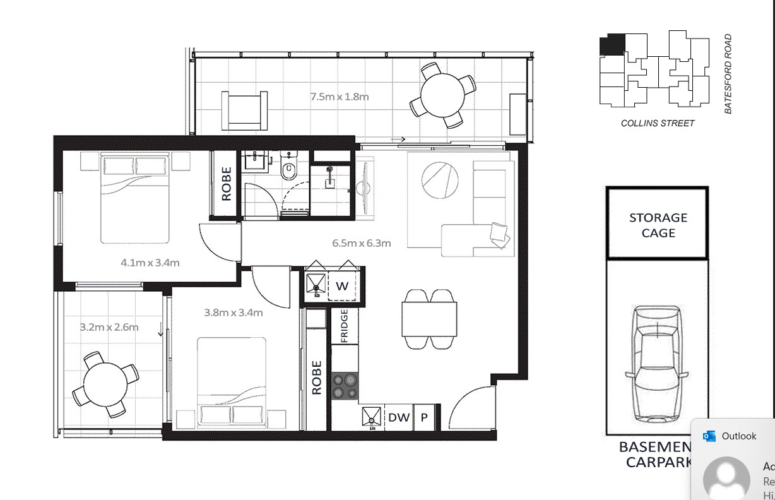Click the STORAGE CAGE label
658,225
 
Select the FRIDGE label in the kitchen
345,326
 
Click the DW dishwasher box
399,417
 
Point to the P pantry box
425,417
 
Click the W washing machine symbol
342,286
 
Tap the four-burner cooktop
345,386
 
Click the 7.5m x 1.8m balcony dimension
339,97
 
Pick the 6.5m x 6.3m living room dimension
362,243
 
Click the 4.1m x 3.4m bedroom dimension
150,262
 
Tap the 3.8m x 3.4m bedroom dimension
233,312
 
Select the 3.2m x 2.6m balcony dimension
109,327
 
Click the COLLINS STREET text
657,123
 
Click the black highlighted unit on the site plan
611,45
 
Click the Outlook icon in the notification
709,436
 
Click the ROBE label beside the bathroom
226,183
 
